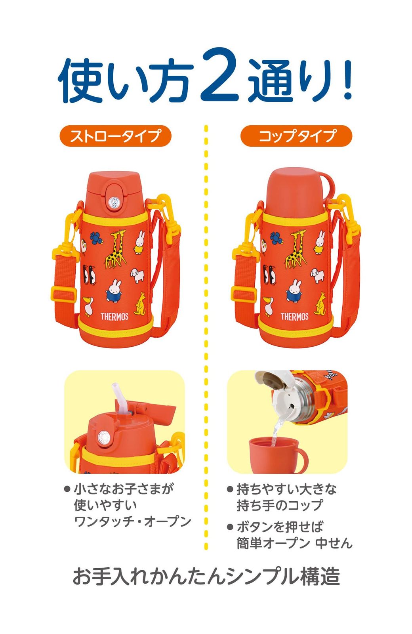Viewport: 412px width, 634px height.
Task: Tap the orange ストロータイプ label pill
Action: (115, 136)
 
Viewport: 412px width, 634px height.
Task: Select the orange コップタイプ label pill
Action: (296, 136)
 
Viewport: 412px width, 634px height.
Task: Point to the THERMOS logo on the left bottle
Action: (114, 316)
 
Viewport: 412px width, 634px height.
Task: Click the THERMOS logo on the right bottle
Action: (294, 316)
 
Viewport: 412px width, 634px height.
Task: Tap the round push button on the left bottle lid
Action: (114, 202)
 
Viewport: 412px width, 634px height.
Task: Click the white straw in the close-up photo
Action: (119, 398)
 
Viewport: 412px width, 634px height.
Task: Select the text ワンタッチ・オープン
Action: (133, 521)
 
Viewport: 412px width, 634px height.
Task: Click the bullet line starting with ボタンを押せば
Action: (280, 527)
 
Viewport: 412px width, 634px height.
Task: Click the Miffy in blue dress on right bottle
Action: (294, 290)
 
